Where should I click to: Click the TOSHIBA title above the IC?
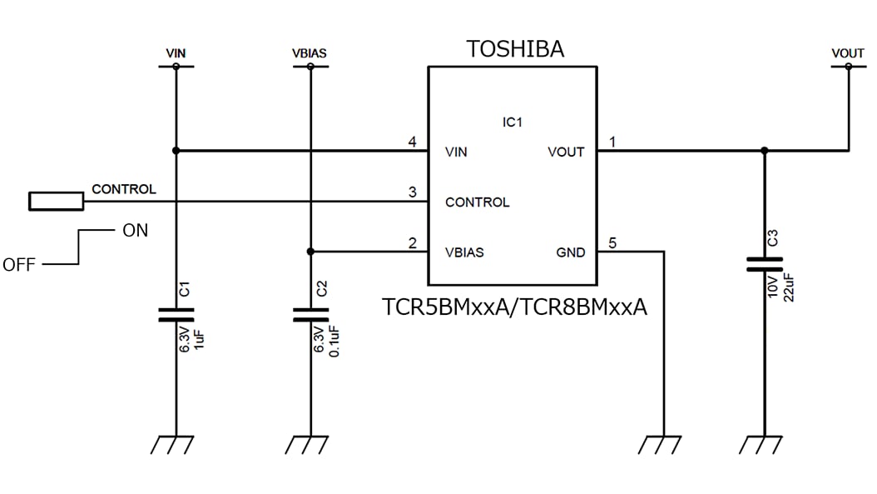pos(515,49)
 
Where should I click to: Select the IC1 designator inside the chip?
pos(512,122)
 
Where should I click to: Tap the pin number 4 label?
pos(412,142)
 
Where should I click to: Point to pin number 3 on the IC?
pos(412,192)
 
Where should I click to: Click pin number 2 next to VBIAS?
pos(412,243)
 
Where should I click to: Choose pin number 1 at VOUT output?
pos(613,142)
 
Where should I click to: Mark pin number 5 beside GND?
pos(613,243)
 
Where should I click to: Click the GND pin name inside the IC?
pos(570,252)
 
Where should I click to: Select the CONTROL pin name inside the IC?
pos(477,202)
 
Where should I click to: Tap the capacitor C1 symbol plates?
pos(176,314)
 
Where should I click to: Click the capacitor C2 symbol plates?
pos(310,314)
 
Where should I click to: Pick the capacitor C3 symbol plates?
pos(764,264)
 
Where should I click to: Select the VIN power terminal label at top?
pos(176,53)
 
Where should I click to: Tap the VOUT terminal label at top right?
pos(848,53)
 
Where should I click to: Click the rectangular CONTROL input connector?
pos(56,201)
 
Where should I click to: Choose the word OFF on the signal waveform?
pos(19,265)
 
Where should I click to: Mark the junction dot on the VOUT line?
pos(764,151)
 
